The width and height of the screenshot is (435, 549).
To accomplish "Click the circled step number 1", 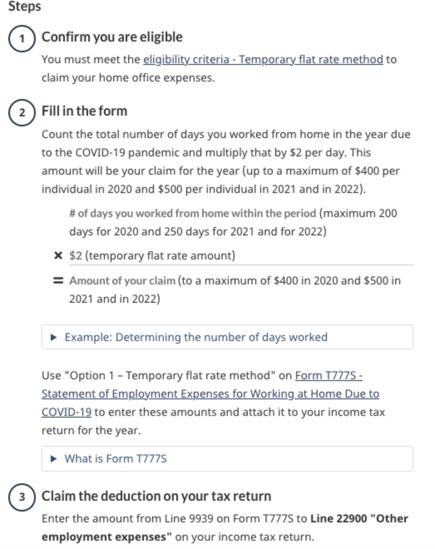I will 22,39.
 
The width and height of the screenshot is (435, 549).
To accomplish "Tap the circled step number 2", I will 22,113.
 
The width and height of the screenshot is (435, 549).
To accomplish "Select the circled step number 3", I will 22,497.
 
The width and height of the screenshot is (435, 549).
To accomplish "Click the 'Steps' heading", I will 25,6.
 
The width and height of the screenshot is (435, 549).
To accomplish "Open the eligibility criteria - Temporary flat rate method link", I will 263,59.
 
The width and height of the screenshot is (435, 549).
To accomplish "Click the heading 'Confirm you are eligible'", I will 112,37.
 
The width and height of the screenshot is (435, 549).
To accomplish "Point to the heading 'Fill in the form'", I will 84,111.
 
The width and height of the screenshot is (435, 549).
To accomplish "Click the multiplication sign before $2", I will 58,255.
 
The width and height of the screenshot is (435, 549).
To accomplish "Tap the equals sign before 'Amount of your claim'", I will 58,281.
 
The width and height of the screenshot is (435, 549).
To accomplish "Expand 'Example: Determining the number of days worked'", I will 196,337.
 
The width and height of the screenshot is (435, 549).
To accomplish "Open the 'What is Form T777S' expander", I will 116,458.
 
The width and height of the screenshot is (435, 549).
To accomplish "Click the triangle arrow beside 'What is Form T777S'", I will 53,459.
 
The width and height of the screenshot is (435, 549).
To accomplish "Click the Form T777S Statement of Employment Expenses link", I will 210,393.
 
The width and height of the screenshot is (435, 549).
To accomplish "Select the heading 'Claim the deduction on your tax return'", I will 156,496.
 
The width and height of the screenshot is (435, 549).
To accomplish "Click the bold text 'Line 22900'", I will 339,519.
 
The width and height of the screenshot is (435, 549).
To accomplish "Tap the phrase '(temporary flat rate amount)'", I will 160,255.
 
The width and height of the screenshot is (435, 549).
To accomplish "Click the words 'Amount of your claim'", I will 122,281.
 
